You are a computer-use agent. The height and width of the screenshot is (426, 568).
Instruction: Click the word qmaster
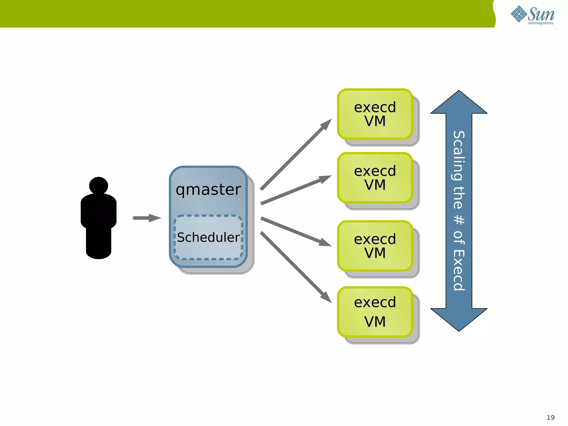click(x=208, y=190)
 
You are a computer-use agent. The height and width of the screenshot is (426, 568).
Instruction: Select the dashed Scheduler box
click(x=208, y=237)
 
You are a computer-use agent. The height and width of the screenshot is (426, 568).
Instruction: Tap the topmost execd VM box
click(x=375, y=114)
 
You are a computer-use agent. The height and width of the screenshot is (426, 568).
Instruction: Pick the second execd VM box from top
click(x=375, y=177)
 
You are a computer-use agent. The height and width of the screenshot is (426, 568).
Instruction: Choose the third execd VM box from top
click(x=375, y=246)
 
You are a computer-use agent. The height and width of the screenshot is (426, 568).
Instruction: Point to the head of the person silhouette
click(x=98, y=185)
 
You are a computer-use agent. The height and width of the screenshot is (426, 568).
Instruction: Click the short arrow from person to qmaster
click(x=146, y=218)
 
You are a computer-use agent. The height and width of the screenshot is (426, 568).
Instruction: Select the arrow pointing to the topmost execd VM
click(x=296, y=155)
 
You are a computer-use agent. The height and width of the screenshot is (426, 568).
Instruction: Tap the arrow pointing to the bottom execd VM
click(x=296, y=267)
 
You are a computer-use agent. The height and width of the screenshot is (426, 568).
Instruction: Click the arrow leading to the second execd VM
click(x=296, y=190)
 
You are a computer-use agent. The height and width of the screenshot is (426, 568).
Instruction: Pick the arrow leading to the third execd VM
click(x=296, y=232)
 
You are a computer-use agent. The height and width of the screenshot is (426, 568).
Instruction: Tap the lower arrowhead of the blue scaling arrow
click(x=459, y=319)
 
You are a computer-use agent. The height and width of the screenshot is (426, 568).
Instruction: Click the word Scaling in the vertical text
click(x=459, y=155)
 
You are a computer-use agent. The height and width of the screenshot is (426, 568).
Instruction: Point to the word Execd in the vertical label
click(x=459, y=270)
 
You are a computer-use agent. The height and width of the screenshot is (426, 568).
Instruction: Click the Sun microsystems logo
click(x=532, y=15)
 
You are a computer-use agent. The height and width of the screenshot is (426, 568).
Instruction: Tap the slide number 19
click(x=551, y=417)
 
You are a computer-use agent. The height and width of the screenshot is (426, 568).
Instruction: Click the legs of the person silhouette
click(x=98, y=243)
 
